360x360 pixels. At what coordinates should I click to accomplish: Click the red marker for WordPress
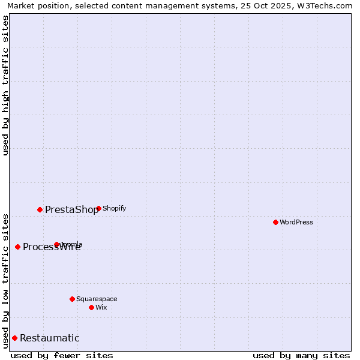[x=275, y=222]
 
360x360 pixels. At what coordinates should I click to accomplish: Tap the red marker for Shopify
[x=98, y=209]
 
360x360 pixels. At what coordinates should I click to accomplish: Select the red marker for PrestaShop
[x=40, y=209]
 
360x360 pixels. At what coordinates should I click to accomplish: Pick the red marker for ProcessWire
[x=17, y=247]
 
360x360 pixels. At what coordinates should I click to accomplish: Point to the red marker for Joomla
[x=57, y=244]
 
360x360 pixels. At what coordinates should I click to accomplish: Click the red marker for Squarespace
[x=72, y=299]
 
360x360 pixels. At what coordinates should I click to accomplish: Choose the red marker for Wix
[x=91, y=307]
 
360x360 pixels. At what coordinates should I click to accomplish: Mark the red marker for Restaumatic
[x=14, y=338]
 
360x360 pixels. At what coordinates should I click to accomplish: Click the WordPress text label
[x=296, y=222]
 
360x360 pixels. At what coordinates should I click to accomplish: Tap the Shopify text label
[x=115, y=209]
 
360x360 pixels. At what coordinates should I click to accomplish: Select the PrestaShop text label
[x=71, y=209]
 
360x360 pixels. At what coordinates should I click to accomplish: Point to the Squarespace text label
[x=97, y=299]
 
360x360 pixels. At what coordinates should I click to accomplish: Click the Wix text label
[x=101, y=307]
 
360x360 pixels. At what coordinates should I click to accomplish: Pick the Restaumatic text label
[x=50, y=338]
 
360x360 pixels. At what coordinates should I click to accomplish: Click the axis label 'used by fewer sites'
[x=62, y=355]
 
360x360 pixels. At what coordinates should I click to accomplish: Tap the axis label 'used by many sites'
[x=301, y=355]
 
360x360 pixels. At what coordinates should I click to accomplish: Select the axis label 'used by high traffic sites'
[x=5, y=85]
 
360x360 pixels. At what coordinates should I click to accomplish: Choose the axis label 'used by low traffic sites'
[x=5, y=280]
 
